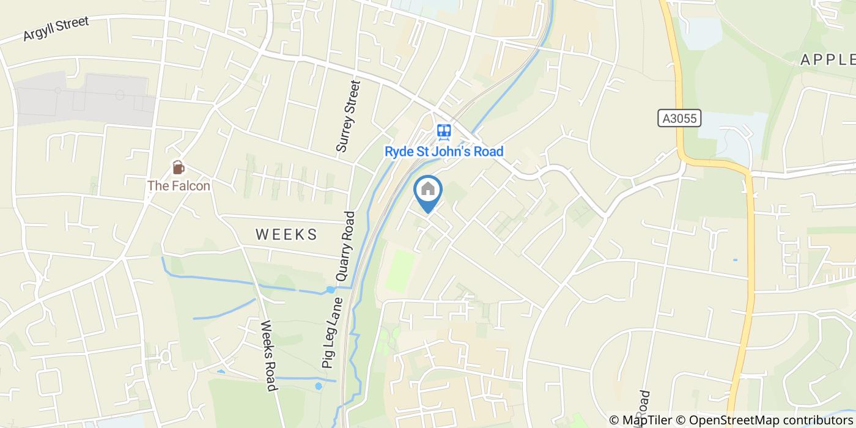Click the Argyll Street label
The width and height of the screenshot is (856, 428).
tap(56, 29)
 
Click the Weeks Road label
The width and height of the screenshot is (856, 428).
tap(268, 355)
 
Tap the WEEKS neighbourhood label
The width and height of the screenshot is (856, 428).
tap(286, 234)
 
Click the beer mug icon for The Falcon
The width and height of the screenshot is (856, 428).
tap(178, 167)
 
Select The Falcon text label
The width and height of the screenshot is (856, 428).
tap(179, 185)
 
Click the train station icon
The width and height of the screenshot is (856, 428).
tap(444, 130)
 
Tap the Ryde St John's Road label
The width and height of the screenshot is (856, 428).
tap(444, 151)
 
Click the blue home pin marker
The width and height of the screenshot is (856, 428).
tap(428, 191)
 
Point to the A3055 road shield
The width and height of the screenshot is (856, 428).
tap(679, 118)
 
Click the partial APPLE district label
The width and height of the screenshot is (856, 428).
tap(828, 59)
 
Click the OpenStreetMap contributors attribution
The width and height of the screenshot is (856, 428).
tap(768, 420)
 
